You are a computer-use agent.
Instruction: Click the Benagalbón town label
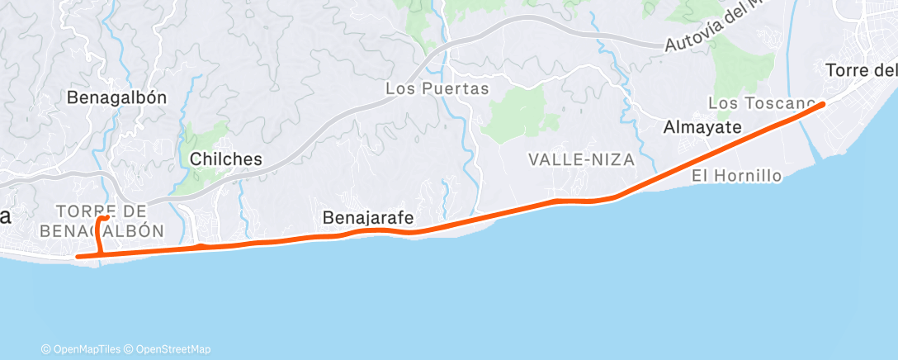116,97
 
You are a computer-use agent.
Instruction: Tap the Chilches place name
226,159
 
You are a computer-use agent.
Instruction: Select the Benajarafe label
367,219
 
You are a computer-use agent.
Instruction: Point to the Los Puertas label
437,88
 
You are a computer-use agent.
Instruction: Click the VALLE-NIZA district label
582,160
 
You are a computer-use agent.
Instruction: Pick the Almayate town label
703,127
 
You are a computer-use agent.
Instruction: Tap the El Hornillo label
736,175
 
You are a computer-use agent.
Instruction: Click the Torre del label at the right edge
861,71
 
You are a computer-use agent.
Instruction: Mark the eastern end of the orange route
822,104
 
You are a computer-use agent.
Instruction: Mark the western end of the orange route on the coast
78,256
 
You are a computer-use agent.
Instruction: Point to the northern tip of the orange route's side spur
105,218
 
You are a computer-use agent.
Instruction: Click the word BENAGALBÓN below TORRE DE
101,230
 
